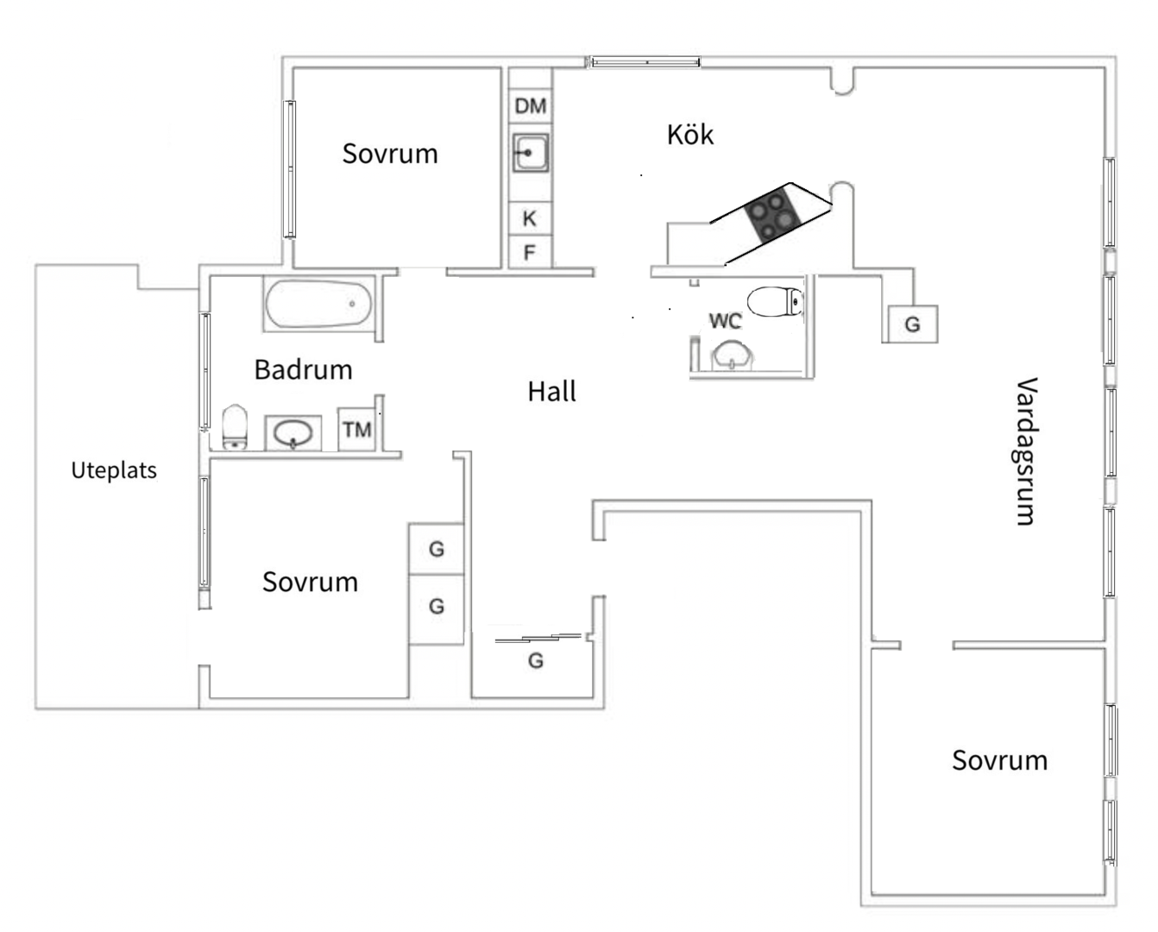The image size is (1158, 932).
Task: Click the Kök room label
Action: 690,135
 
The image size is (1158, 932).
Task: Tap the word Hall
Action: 551,392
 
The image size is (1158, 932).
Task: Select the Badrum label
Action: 303,369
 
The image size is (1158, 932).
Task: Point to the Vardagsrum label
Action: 1024,450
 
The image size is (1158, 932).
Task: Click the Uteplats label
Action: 114,470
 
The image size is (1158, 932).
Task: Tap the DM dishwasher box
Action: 530,106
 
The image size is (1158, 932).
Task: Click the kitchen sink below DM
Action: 530,153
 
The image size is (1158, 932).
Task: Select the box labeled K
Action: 530,218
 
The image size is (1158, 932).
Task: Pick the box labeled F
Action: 530,253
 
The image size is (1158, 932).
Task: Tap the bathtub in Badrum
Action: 318,304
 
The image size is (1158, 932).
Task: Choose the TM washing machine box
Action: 356,429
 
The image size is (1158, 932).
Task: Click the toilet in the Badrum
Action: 235,428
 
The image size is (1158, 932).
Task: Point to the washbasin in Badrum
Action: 293,432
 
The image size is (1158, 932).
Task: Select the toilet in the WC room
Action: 776,302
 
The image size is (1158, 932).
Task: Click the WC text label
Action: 725,321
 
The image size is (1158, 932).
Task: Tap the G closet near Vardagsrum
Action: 912,324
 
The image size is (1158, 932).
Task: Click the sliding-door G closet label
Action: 536,661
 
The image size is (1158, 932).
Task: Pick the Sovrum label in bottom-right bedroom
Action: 999,760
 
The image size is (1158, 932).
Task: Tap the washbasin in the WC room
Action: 732,355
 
